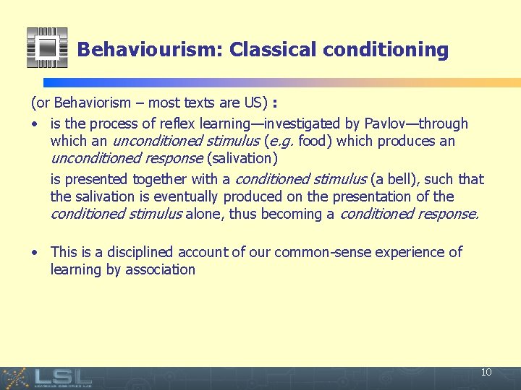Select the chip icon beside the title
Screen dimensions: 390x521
(47, 48)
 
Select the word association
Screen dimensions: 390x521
(161, 269)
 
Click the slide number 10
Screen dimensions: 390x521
(486, 373)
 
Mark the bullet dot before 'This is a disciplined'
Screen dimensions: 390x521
(34, 253)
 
